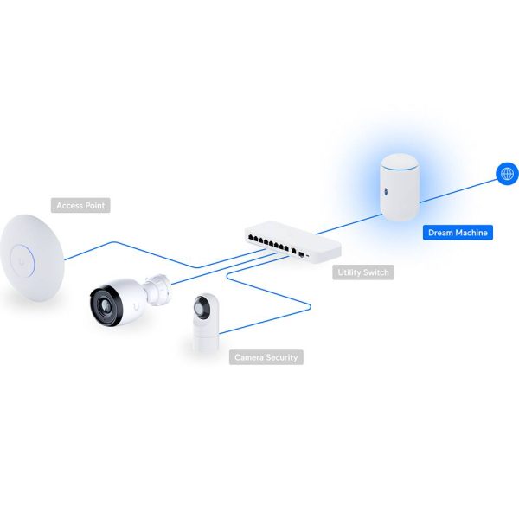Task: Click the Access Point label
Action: click(80, 205)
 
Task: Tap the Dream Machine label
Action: click(458, 233)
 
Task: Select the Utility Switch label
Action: click(363, 272)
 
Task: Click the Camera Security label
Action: click(266, 357)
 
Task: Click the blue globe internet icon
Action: click(507, 174)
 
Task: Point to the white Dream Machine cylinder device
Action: click(400, 188)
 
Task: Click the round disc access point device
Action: click(32, 258)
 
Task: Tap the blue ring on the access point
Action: click(22, 261)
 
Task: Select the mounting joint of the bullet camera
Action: click(158, 289)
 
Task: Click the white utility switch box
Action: click(293, 241)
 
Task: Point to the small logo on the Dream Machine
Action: click(385, 191)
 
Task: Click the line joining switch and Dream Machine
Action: click(349, 224)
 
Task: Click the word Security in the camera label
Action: click(282, 358)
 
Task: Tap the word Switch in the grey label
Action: click(375, 272)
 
